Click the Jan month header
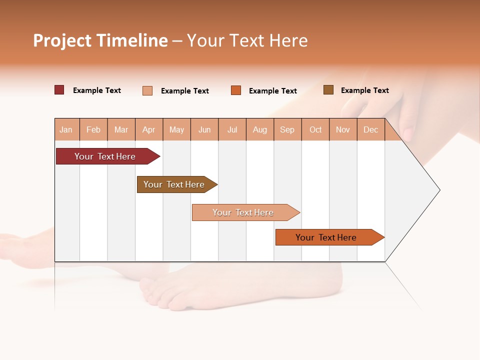[66, 130]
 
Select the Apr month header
[149, 130]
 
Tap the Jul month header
[232, 130]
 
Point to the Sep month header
[287, 130]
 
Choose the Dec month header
[370, 130]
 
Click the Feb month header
[93, 130]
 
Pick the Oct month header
[315, 130]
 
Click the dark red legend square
[59, 90]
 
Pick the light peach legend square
[147, 90]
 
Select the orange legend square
[236, 90]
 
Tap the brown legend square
[328, 90]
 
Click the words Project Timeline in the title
[100, 40]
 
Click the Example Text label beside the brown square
[364, 90]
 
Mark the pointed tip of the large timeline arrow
[439, 190]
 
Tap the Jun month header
[204, 130]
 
